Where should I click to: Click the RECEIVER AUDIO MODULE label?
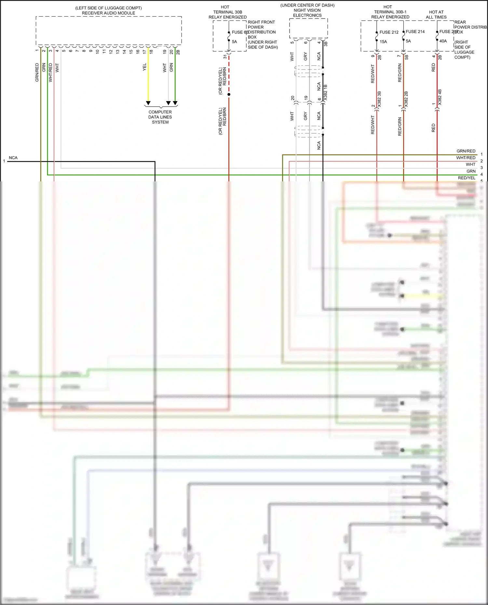(108, 13)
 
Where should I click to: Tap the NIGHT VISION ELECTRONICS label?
(307, 13)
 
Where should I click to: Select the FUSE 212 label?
(389, 32)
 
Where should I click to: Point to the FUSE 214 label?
(415, 32)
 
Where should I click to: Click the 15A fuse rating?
(383, 42)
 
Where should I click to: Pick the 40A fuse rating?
(443, 41)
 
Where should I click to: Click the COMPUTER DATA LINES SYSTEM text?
(160, 117)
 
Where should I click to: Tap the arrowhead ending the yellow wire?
(148, 103)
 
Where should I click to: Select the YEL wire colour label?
(144, 67)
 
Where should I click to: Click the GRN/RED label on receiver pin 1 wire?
(37, 72)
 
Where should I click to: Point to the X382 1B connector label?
(325, 92)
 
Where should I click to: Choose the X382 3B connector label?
(379, 99)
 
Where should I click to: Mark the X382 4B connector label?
(440, 97)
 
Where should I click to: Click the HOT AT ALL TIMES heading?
(436, 15)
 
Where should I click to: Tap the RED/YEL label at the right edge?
(467, 178)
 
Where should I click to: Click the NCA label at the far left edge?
(13, 158)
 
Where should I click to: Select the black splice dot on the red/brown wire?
(229, 94)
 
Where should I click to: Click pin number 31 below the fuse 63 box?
(225, 57)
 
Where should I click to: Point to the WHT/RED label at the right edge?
(466, 158)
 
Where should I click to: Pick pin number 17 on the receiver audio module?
(144, 51)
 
